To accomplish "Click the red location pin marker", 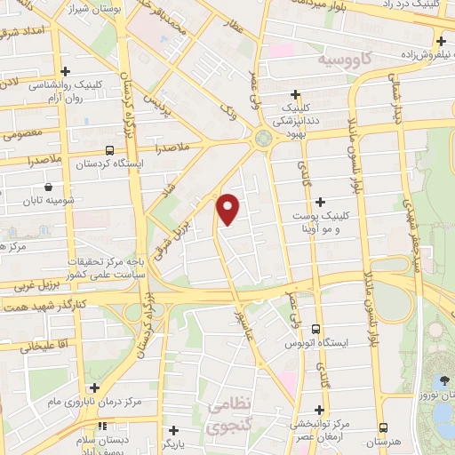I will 228,208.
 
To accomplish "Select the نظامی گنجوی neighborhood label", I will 230,415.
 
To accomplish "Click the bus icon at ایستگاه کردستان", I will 109,150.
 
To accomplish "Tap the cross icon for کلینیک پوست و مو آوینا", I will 320,202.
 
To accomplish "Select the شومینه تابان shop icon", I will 47,188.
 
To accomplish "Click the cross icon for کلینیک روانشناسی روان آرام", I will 65,72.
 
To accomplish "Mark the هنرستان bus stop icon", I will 383,428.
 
